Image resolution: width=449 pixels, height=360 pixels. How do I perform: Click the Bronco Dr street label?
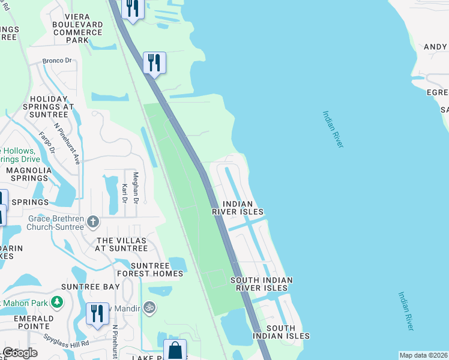point(57,61)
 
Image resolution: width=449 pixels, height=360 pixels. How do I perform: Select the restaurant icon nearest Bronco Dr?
point(154,62)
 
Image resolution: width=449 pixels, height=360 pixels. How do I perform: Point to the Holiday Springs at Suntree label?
point(52,107)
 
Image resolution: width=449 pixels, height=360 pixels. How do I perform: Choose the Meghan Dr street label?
point(136,187)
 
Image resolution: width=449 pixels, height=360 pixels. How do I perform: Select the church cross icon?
point(92,222)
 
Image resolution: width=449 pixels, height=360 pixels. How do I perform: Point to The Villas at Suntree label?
point(122,244)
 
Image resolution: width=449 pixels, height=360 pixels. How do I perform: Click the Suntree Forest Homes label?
point(149,269)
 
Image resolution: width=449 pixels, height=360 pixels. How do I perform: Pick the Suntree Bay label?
point(94,287)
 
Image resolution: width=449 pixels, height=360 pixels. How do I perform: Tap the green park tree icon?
point(56,301)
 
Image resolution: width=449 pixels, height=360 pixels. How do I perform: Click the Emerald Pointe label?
point(27,322)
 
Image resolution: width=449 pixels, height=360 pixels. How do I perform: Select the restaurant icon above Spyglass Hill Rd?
point(96,314)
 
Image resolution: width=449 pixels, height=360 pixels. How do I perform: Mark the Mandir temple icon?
point(150,308)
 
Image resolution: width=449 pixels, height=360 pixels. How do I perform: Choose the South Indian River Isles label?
point(262,284)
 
